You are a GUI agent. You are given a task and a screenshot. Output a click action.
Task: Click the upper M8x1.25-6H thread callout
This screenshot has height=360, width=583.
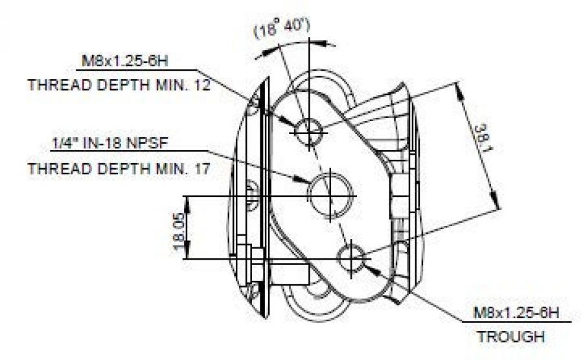pyautogui.click(x=129, y=62)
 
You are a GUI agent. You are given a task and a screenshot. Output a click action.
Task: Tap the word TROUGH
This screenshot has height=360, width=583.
pyautogui.click(x=510, y=337)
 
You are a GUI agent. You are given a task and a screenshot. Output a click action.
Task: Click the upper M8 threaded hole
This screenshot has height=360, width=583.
pyautogui.click(x=310, y=132)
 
